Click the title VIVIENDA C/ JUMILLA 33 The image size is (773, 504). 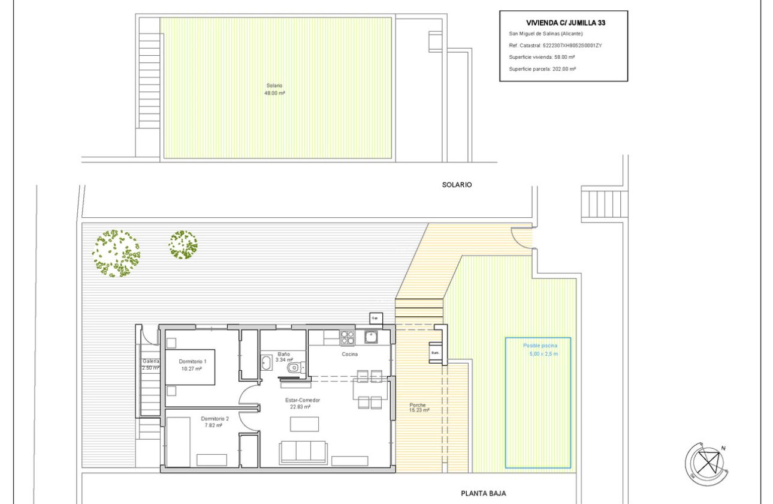click(x=563, y=23)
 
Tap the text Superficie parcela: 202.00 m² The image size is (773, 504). click(x=542, y=69)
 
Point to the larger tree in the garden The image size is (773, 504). click(x=116, y=253)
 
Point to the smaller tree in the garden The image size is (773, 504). click(x=183, y=245)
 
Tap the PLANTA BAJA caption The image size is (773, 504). click(x=483, y=493)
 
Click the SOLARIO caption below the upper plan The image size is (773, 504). click(x=457, y=185)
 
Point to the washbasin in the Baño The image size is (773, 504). click(x=267, y=362)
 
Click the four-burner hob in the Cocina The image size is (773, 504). click(x=348, y=338)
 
